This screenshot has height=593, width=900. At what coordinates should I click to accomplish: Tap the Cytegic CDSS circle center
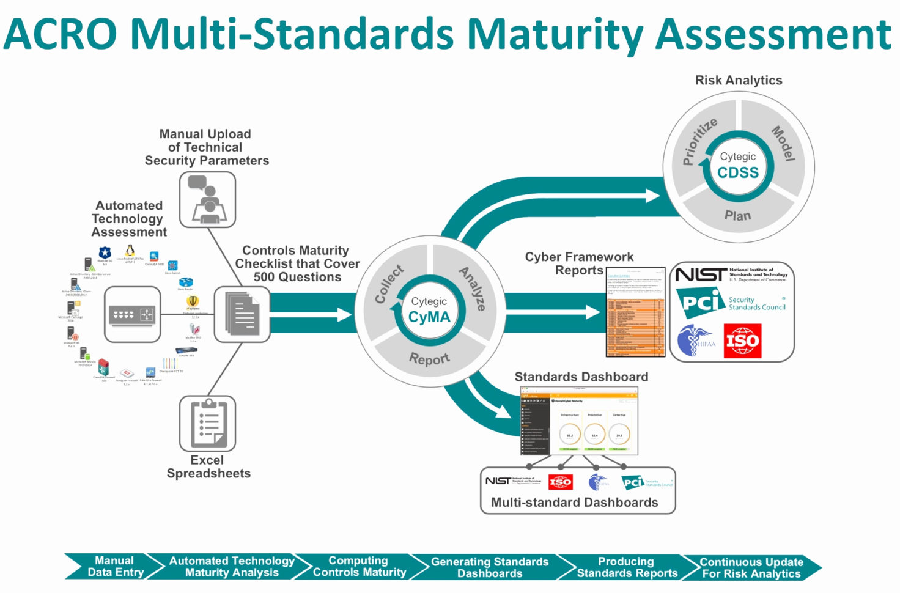pos(738,166)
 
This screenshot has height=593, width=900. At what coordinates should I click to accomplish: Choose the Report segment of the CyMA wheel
pos(429,358)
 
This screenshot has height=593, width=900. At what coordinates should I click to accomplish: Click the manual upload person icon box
pos(207,199)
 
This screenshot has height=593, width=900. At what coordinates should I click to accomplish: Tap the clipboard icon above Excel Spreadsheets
pos(207,423)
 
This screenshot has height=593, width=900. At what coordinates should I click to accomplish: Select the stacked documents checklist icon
pos(242,314)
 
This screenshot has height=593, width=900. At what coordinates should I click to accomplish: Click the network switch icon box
pos(133,314)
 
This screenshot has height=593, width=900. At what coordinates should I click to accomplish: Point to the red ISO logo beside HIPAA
pos(742,341)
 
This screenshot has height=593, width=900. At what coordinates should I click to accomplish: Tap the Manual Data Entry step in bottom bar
pos(115,566)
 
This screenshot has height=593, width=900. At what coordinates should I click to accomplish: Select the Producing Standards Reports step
pos(627,567)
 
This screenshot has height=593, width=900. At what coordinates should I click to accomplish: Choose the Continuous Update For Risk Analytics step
pos(751,567)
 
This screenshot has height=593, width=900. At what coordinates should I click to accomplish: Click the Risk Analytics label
pos(739,80)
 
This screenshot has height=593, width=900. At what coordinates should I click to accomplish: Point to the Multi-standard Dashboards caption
pos(574,502)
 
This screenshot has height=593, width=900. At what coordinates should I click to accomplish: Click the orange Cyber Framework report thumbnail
pos(635,312)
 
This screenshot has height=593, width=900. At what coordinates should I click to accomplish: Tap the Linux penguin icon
pos(130,250)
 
